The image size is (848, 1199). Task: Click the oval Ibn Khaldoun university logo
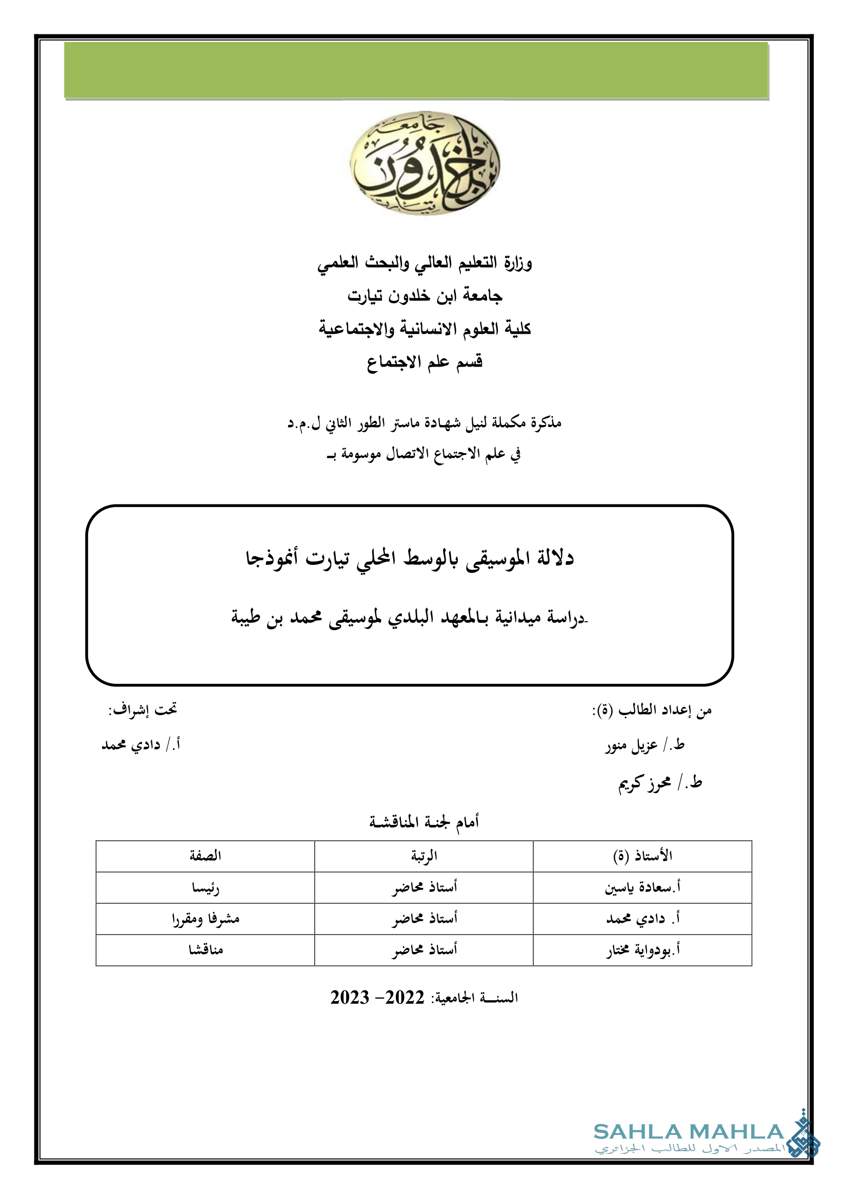tap(424, 163)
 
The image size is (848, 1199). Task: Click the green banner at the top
tap(416, 70)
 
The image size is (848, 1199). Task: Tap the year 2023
tap(350, 998)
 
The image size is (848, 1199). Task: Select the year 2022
tap(405, 998)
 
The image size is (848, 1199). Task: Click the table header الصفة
tap(205, 856)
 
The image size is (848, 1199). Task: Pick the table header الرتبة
tap(424, 856)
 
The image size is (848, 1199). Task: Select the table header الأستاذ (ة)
tap(642, 856)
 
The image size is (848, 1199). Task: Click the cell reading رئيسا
tap(205, 888)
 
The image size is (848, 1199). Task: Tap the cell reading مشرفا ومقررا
tap(205, 919)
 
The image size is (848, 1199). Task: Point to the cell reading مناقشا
tap(205, 950)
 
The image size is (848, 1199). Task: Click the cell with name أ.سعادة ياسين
tap(642, 888)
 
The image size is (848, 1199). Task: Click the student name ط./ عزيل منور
tap(645, 745)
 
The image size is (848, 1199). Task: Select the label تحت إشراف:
tap(143, 709)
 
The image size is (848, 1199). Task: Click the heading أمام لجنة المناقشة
tap(424, 822)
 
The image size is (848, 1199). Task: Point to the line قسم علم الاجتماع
tap(424, 362)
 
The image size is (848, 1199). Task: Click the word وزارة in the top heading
tap(518, 262)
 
